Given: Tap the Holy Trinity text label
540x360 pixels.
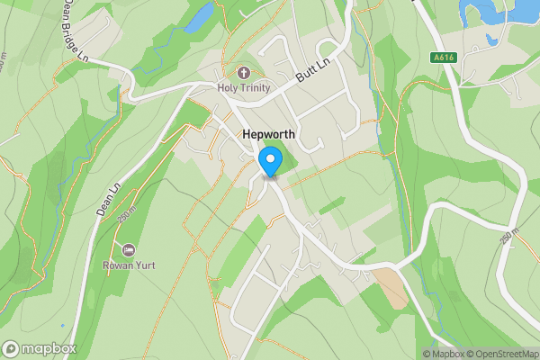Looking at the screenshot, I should (243, 87).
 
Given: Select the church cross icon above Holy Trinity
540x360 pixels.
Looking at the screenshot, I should (243, 72).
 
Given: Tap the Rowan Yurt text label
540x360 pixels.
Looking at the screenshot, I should (130, 265).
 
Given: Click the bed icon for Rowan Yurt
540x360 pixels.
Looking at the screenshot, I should (130, 249).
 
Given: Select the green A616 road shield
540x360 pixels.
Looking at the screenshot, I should (443, 58).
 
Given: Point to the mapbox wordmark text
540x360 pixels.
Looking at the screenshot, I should (49, 348).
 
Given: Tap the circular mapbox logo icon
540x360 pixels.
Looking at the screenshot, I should (12, 348).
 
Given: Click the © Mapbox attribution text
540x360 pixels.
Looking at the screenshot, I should (444, 354).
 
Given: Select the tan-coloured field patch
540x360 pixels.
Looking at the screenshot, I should (390, 287).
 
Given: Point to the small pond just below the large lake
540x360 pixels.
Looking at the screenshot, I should (491, 40).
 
